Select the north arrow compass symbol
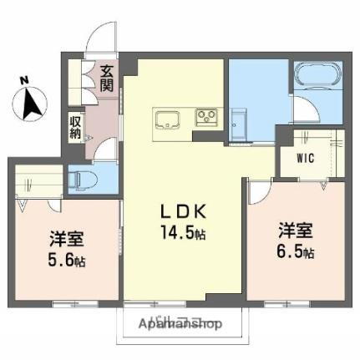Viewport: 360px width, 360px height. coord(29,104)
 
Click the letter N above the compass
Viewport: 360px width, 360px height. coord(23,80)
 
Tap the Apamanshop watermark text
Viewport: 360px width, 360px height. coord(180,323)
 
